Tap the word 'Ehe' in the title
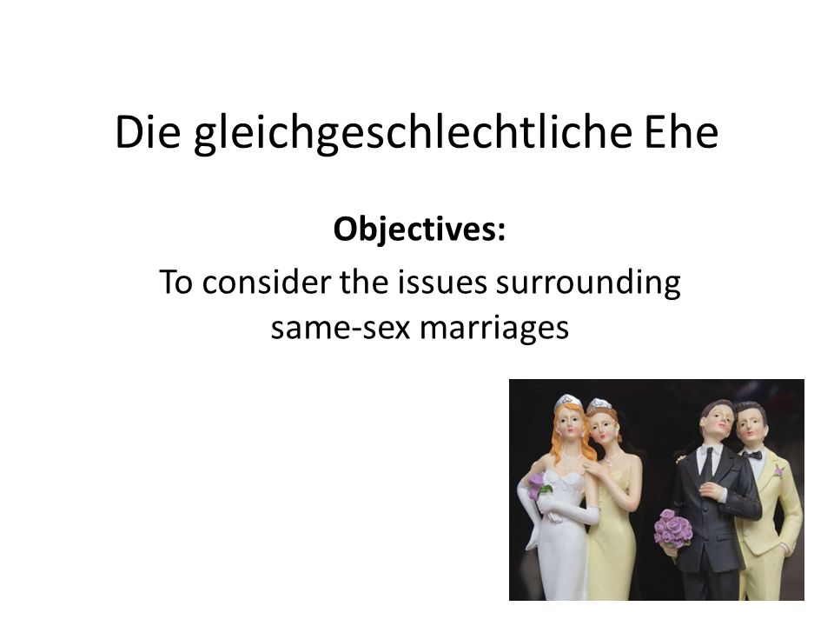(x=681, y=131)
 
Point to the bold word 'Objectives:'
(x=419, y=230)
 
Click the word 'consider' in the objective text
(x=267, y=281)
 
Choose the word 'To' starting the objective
(x=175, y=282)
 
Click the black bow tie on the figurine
(x=752, y=455)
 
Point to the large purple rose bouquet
(x=672, y=528)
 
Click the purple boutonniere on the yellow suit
(x=778, y=471)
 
